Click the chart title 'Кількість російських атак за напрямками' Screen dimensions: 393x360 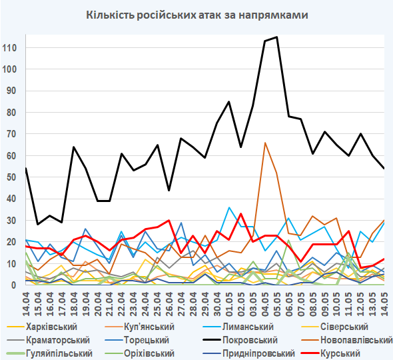click(197, 15)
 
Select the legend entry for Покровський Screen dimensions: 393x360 click(240, 340)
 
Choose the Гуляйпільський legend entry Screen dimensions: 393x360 click(49, 353)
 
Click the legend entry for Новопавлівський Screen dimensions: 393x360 click(346, 340)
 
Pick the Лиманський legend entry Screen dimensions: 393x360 click(238, 327)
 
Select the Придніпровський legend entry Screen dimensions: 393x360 click(248, 353)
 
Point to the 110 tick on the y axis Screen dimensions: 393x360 click(9, 47)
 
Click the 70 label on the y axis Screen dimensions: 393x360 click(11, 134)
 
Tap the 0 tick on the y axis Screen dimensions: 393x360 click(14, 285)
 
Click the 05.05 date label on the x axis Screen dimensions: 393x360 click(276, 304)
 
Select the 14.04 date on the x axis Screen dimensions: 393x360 click(26, 304)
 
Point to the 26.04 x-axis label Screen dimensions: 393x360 click(169, 304)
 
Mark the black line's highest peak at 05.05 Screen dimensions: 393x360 click(276, 37)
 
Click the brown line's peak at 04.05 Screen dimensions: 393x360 click(265, 143)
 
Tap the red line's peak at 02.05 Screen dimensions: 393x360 click(241, 214)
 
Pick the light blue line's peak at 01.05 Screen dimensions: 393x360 click(229, 207)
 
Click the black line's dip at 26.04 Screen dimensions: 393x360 click(169, 191)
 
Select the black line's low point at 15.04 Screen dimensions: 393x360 click(37, 224)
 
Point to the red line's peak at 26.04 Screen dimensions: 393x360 click(169, 220)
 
